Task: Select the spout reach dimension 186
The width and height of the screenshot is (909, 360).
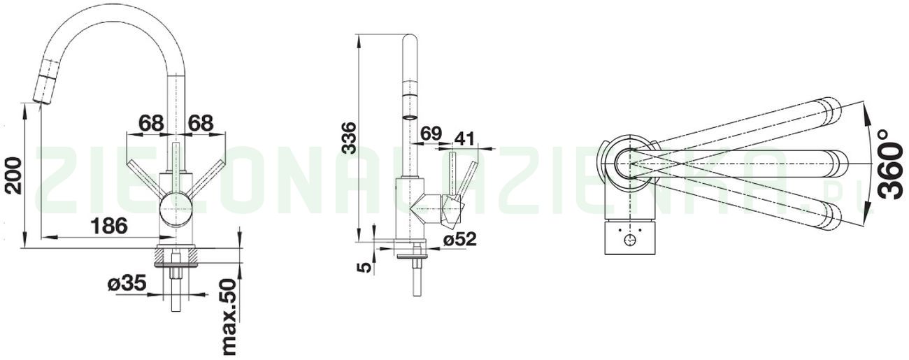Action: [110, 226]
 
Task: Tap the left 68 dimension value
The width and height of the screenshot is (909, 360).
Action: [151, 123]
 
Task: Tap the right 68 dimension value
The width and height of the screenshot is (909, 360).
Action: [201, 123]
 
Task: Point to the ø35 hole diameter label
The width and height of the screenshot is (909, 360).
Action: [127, 283]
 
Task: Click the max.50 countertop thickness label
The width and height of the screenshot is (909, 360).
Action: [228, 318]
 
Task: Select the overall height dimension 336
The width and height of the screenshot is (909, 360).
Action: [350, 138]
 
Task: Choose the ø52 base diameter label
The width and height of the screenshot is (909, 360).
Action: [459, 239]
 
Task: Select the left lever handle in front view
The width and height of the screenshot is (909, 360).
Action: [143, 178]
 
